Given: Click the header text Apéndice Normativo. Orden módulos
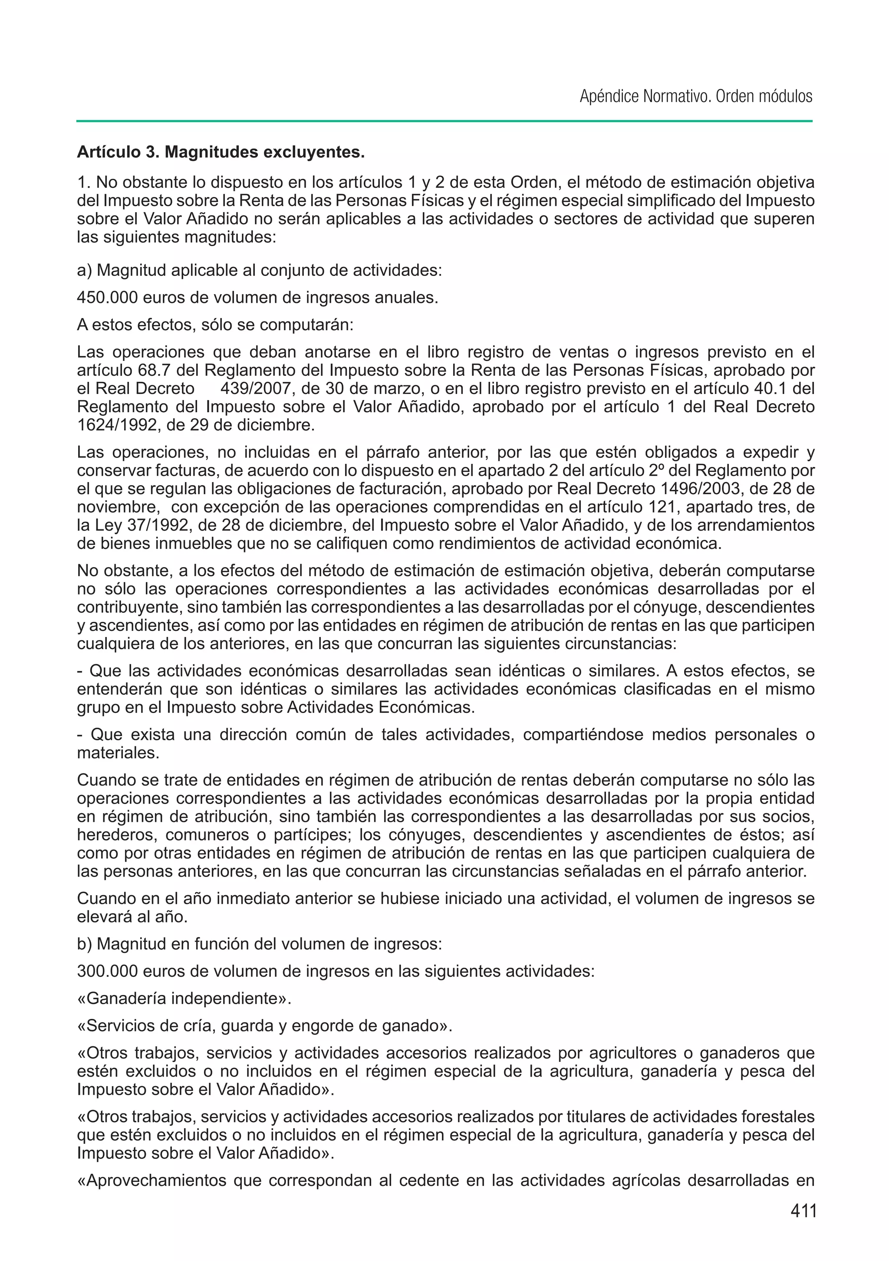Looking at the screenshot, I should tap(695, 97).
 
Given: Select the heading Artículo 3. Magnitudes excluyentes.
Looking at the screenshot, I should tap(221, 152).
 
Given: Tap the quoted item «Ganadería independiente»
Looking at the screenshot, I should tap(184, 998).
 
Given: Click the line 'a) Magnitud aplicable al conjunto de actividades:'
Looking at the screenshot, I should tap(259, 271).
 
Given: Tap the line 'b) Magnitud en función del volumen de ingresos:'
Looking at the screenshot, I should tap(259, 944).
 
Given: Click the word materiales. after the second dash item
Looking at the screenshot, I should tap(118, 752).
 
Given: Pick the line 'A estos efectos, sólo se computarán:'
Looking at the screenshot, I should tap(215, 325).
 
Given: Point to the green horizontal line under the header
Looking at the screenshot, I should tap(444, 121).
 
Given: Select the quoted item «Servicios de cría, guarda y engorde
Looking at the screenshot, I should tap(264, 1025).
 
